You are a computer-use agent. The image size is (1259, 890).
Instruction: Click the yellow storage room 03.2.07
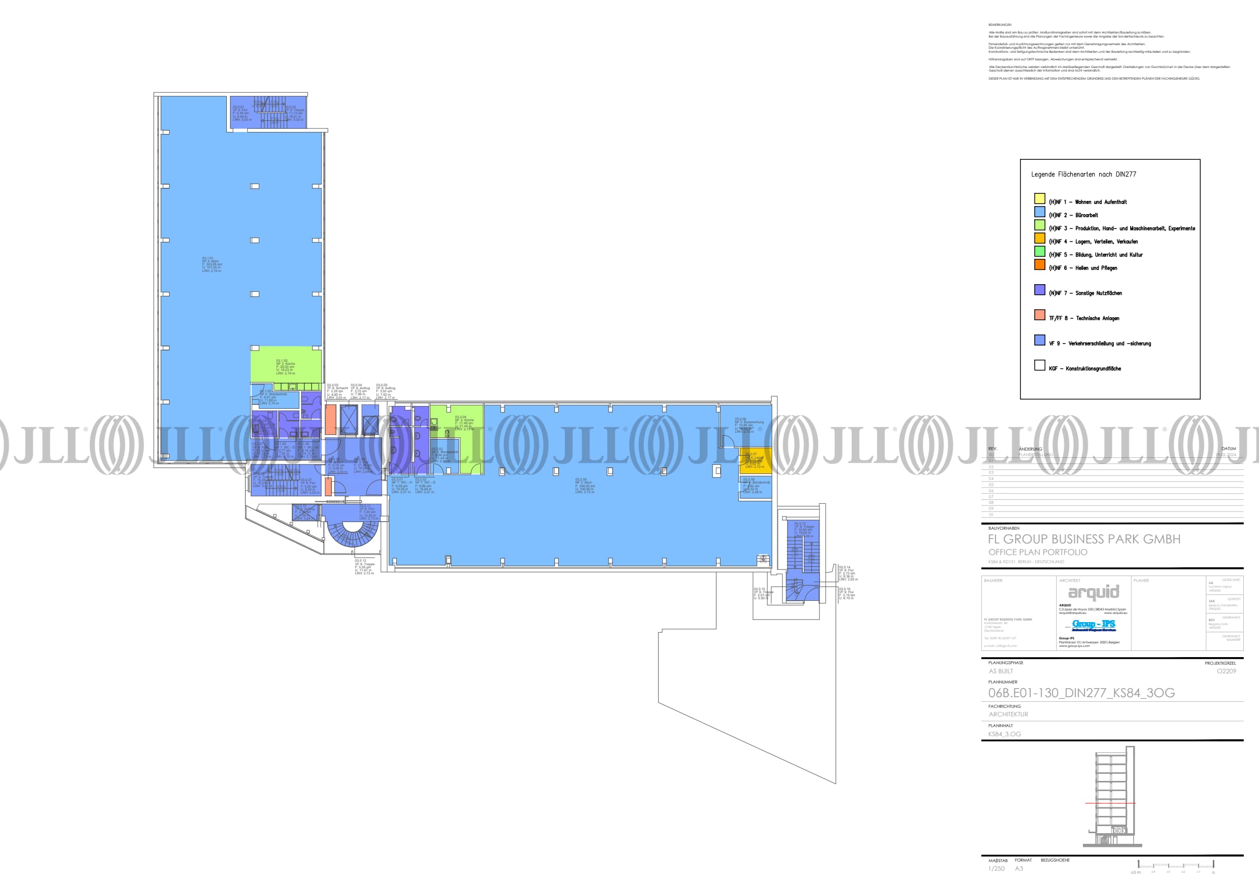[x=755, y=461]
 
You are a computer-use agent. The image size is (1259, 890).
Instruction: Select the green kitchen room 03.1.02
[x=286, y=365]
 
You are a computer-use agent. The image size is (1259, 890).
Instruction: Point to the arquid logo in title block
[x=1094, y=592]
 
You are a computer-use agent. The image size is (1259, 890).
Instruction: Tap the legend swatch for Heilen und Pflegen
[x=1040, y=264]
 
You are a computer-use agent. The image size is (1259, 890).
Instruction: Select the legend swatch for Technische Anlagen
[x=1040, y=315]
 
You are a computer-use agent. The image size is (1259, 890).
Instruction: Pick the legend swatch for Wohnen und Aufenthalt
[x=1040, y=198]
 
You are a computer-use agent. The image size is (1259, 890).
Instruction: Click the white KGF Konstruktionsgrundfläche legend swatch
[x=1040, y=365]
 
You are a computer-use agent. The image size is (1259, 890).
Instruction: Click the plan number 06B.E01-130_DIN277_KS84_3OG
[x=1081, y=693]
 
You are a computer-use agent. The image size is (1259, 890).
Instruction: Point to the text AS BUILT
[x=1001, y=671]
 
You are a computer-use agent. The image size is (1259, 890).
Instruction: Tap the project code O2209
[x=1226, y=671]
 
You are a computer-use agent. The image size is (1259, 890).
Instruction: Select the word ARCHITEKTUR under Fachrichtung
[x=1008, y=714]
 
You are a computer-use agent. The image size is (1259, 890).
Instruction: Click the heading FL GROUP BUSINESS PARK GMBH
[x=1084, y=539]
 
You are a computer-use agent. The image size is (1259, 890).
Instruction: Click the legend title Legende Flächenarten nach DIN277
[x=1083, y=175]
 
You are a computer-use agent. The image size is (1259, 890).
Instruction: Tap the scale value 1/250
[x=996, y=869]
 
